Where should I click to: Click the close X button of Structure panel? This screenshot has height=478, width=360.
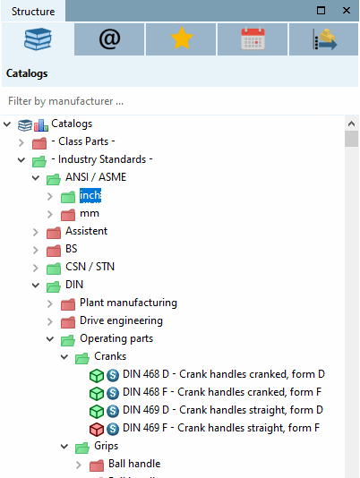point(346,10)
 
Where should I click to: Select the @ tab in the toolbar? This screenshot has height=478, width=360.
point(108,39)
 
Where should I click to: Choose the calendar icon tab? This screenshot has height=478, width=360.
point(252,39)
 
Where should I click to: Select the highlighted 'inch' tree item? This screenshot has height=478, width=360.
point(90,196)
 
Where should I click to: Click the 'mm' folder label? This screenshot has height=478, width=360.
point(89,214)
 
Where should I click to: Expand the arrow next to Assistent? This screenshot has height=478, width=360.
point(36,232)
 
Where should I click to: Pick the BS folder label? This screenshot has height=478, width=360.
point(72,249)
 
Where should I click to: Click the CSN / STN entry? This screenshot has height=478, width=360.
point(90,267)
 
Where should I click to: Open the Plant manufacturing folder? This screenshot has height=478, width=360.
point(128,303)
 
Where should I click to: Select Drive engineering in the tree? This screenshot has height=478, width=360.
point(121,320)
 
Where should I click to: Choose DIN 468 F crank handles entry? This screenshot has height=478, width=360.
point(221,392)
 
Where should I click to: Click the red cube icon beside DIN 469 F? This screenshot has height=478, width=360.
point(97,428)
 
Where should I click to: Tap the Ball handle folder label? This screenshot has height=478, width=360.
point(127,464)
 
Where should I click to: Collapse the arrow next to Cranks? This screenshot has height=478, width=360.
point(64,357)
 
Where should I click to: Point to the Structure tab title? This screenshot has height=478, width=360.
point(32,11)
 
